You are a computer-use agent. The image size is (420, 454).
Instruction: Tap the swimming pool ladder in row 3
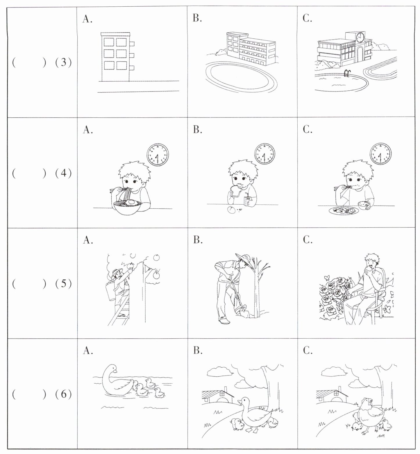point(347,73)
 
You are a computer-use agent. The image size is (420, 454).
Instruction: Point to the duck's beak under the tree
point(239,403)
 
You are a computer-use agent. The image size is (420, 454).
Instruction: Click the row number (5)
point(63,283)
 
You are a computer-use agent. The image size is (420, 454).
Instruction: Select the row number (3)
point(63,62)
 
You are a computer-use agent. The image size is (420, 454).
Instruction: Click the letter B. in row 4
point(197,130)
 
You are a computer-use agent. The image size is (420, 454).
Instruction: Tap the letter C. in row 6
point(307,351)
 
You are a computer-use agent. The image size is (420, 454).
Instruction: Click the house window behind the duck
point(222,394)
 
